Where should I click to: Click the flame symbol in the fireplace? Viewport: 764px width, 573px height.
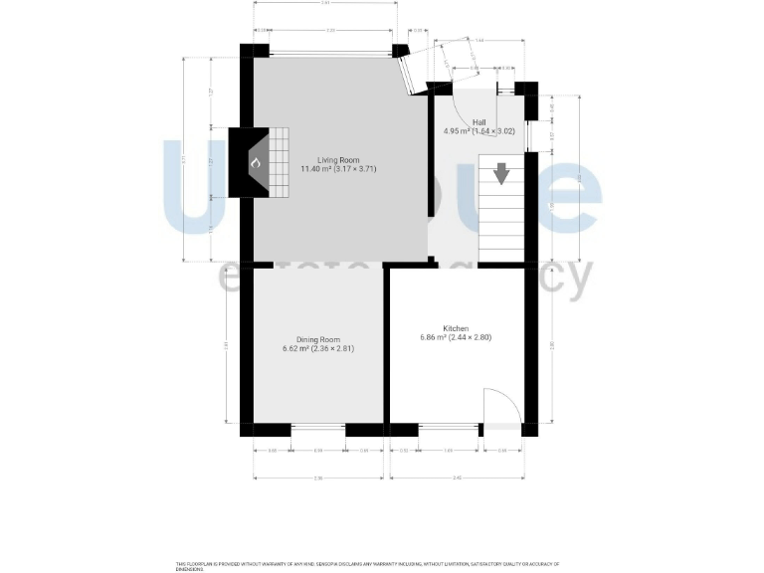(255, 162)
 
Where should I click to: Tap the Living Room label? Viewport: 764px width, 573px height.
(338, 159)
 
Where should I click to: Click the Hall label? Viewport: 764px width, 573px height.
(479, 121)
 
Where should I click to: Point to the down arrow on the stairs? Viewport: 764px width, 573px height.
(501, 174)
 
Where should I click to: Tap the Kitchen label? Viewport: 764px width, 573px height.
(456, 327)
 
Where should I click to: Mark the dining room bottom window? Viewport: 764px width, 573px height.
(318, 430)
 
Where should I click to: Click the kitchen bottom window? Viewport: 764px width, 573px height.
(448, 430)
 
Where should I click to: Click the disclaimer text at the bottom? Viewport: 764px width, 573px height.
(368, 565)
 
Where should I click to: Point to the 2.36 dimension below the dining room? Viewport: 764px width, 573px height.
(318, 478)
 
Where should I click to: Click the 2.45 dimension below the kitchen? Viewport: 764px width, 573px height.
(457, 478)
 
